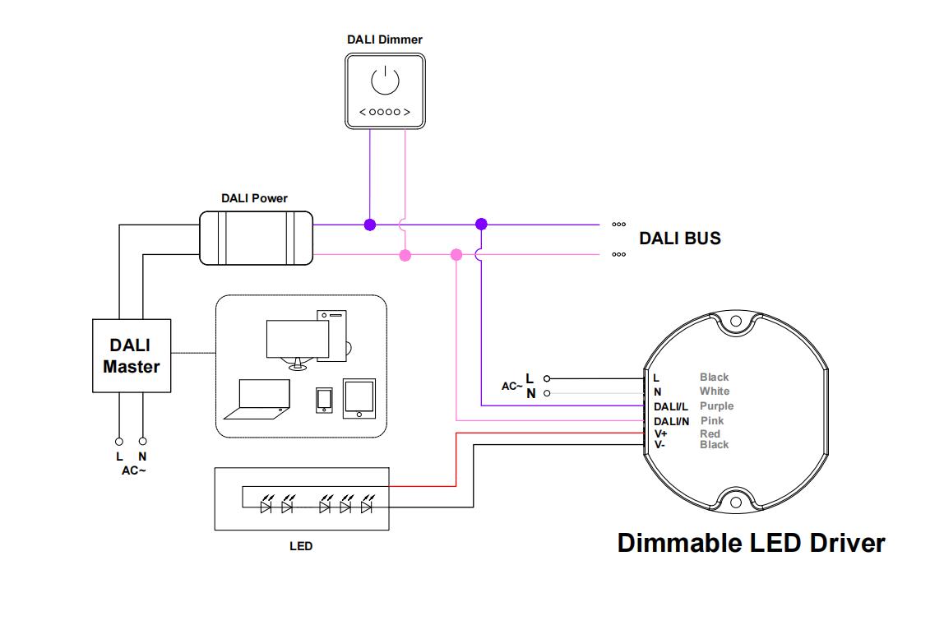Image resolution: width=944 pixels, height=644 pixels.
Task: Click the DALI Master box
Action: click(132, 355)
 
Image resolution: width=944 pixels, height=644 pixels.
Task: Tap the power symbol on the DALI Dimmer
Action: click(385, 81)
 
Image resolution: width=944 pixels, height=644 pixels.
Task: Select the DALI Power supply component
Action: click(256, 239)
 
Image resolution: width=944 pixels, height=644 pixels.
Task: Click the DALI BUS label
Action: click(680, 239)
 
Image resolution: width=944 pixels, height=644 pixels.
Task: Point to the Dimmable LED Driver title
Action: click(751, 543)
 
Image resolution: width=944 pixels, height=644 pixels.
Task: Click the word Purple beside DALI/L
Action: click(716, 406)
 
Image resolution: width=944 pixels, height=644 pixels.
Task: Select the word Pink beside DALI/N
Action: click(712, 420)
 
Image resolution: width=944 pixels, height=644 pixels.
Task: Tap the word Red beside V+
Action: click(710, 433)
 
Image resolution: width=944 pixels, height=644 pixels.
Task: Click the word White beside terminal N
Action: click(714, 391)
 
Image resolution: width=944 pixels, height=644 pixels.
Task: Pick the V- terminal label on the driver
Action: click(659, 445)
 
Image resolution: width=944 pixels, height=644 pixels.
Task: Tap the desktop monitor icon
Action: click(297, 341)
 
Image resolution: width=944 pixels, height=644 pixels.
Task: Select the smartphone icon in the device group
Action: click(323, 400)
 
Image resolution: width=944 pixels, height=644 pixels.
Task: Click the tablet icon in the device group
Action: click(359, 398)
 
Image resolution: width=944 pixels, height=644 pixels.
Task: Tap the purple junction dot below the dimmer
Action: click(370, 225)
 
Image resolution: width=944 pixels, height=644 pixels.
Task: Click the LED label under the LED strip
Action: click(301, 546)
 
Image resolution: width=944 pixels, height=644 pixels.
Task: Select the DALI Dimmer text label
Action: click(384, 39)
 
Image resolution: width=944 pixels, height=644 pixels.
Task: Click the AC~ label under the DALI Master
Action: click(133, 470)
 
